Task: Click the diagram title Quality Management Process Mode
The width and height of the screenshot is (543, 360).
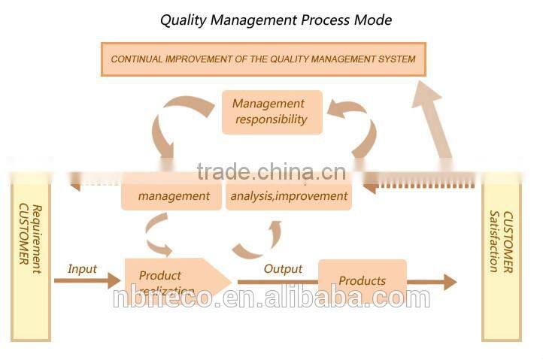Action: pyautogui.click(x=275, y=20)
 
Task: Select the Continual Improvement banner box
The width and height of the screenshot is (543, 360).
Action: pyautogui.click(x=263, y=59)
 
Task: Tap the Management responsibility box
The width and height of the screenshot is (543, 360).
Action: pyautogui.click(x=271, y=112)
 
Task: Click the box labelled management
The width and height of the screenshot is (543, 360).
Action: pyautogui.click(x=174, y=195)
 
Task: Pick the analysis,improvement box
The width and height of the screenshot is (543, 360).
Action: pyautogui.click(x=289, y=195)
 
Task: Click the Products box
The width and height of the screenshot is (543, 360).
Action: pyautogui.click(x=363, y=280)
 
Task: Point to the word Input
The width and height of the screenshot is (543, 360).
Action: pyautogui.click(x=82, y=268)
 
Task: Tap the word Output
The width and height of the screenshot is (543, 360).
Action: pyautogui.click(x=283, y=268)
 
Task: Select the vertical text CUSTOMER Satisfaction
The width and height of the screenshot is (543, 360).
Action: pyautogui.click(x=501, y=241)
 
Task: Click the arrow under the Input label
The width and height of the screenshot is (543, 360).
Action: pyautogui.click(x=86, y=281)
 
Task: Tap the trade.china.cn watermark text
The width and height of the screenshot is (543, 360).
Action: pyautogui.click(x=271, y=172)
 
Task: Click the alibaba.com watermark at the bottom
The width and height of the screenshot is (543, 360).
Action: pyautogui.click(x=272, y=298)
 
